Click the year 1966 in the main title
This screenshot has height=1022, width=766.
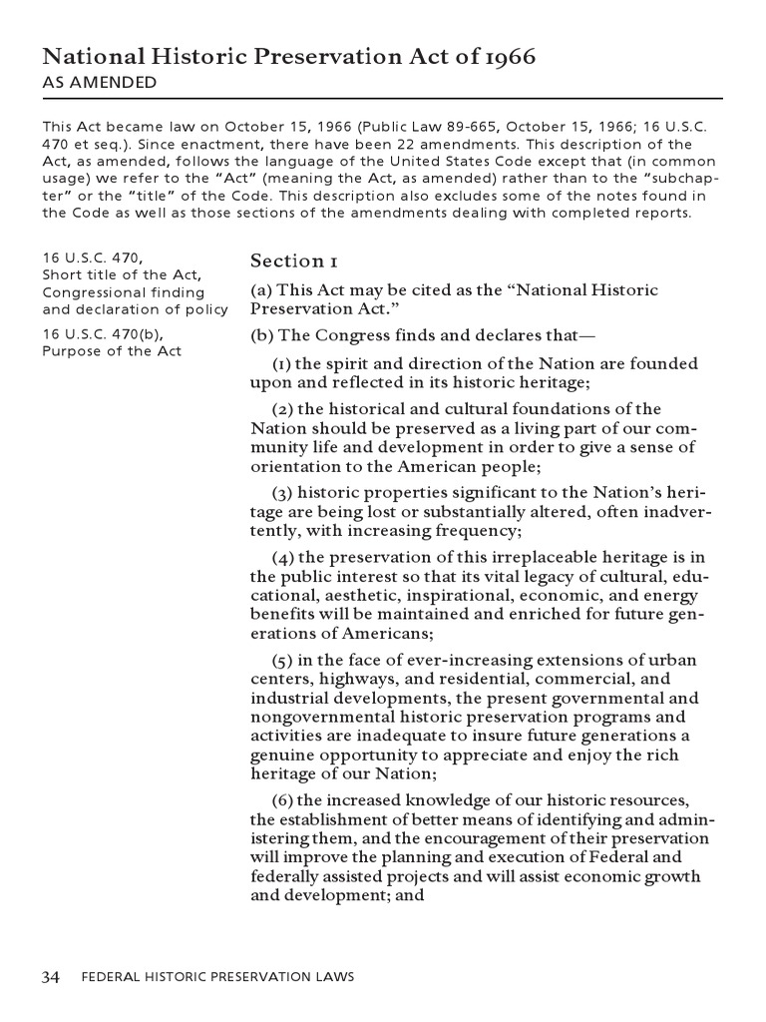(509, 57)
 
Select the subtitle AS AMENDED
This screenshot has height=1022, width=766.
(99, 83)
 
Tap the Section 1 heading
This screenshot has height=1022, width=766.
(293, 260)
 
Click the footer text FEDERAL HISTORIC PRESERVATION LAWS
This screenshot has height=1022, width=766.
(216, 977)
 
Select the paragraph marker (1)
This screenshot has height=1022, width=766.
(283, 363)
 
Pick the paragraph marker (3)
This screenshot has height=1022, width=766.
(283, 493)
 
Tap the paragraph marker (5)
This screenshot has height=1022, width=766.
(283, 660)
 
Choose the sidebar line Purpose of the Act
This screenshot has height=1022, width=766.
(112, 351)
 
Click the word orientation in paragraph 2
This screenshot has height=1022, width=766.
(293, 467)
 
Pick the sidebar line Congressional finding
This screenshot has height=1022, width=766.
(123, 292)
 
